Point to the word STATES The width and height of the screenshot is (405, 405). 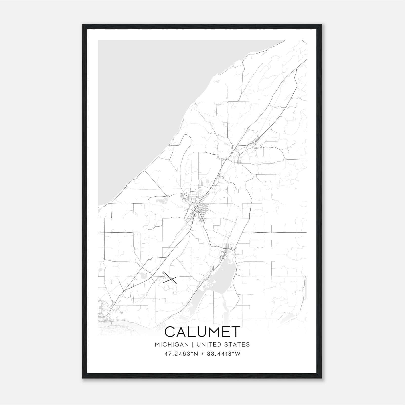(237, 345)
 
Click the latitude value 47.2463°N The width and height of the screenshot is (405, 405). (181, 354)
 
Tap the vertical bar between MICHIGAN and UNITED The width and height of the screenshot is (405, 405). (193, 345)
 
